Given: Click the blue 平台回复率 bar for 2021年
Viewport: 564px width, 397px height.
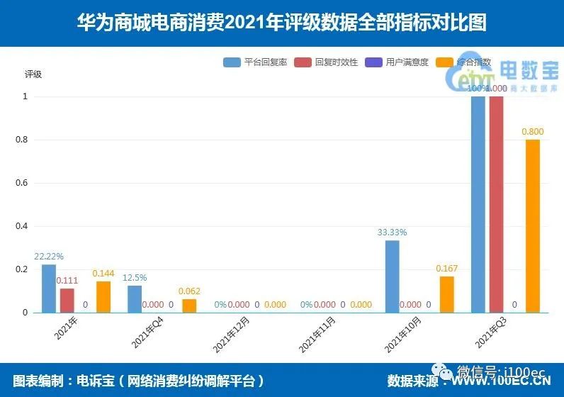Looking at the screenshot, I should coord(48,288).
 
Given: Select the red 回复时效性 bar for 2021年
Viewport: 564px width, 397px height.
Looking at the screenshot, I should coord(67,300).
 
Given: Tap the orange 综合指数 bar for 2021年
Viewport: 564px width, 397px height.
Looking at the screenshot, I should coord(103,296).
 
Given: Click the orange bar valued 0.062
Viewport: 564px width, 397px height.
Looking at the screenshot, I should coord(189,306).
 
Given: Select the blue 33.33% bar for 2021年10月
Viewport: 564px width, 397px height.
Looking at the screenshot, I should coord(392,276).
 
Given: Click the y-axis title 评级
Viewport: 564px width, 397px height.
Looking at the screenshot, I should coord(33,74).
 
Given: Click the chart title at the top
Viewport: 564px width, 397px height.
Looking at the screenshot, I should coord(282,23).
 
